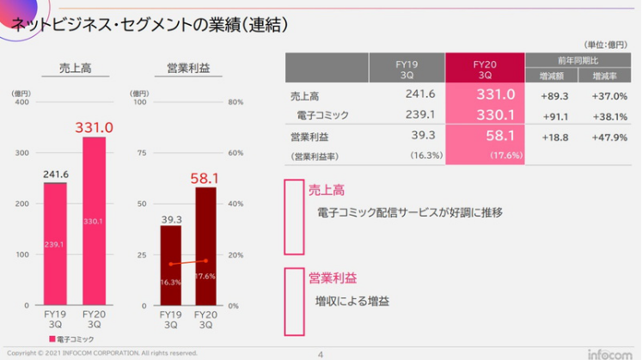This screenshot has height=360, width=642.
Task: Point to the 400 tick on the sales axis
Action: click(23, 102)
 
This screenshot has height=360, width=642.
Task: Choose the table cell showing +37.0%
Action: click(608, 95)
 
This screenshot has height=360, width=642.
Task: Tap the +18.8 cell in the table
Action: click(554, 137)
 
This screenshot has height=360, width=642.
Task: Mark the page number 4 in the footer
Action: click(321, 353)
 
